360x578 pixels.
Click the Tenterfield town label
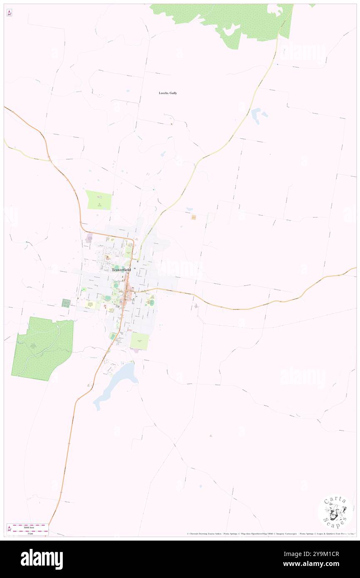tap(121, 270)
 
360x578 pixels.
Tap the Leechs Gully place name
tap(168, 93)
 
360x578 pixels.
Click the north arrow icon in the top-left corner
tap(9, 13)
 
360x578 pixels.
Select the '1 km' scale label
tap(27, 534)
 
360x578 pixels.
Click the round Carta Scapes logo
tap(335, 511)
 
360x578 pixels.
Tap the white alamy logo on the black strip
tap(42, 559)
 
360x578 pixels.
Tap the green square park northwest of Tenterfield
tap(99, 200)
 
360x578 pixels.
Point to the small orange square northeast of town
tap(193, 217)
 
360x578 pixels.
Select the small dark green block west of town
tap(66, 303)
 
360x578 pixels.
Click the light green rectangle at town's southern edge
tap(139, 341)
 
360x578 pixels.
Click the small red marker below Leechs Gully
tap(171, 124)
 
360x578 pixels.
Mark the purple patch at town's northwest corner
tap(89, 238)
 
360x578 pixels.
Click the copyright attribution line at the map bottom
tap(270, 534)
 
